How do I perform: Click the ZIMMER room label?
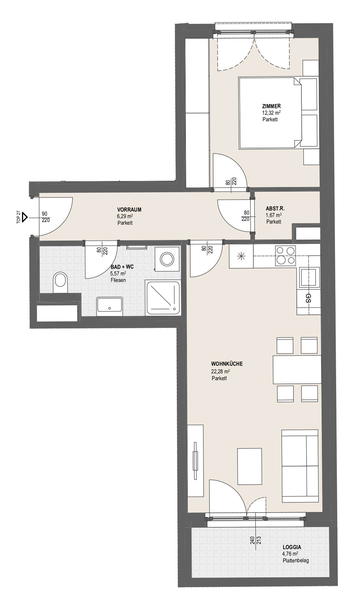(271, 106)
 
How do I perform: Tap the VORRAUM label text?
(129, 210)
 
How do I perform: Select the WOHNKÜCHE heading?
(227, 364)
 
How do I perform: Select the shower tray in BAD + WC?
(164, 298)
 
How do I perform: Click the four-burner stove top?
(286, 255)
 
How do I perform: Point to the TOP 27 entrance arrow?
(25, 217)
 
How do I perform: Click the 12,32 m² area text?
(271, 113)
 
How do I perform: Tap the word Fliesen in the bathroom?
(118, 280)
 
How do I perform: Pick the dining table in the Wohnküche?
(297, 369)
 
